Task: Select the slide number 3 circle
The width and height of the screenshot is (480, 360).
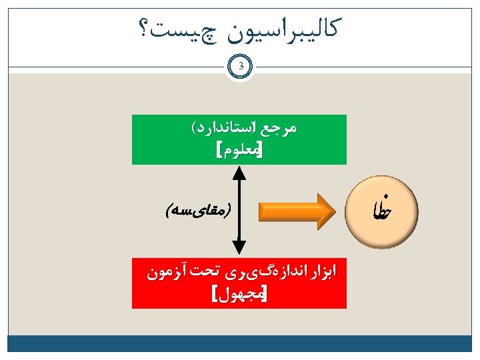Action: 240,67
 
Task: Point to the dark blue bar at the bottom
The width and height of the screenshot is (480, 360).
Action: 240,343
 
